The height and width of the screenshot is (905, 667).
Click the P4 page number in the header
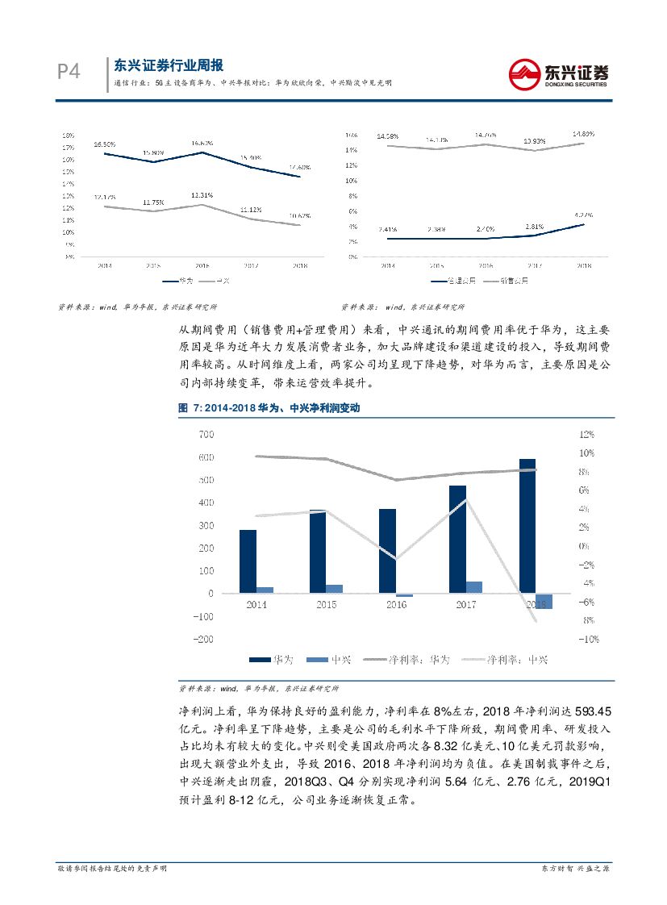[68, 73]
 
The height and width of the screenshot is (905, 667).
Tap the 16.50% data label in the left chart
[105, 144]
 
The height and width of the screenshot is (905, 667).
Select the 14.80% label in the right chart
[583, 133]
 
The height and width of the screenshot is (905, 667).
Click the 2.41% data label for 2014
[387, 229]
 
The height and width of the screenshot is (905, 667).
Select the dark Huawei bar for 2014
[248, 561]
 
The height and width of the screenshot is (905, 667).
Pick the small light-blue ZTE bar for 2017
[474, 586]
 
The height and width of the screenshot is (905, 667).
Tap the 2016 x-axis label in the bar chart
[396, 604]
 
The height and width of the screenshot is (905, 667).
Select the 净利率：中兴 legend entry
[504, 660]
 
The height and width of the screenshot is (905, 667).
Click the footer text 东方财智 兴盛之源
[574, 868]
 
